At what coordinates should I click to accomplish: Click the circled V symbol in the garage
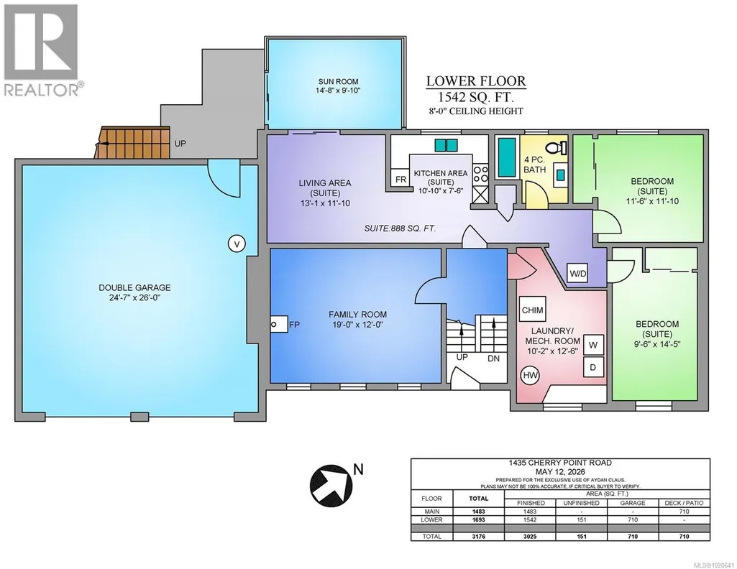coord(237,244)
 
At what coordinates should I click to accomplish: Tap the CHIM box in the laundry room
coord(533,310)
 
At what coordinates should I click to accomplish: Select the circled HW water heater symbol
coord(530,375)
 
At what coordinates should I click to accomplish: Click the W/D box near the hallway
coord(577,273)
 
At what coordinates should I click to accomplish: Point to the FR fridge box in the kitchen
coord(400,179)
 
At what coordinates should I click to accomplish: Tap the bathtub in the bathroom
coord(507,157)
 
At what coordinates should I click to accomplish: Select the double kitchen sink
coord(446,146)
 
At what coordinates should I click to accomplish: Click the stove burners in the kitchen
coord(480,174)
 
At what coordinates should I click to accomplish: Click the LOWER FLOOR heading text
coord(476,81)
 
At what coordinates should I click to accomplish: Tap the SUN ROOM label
coord(337,81)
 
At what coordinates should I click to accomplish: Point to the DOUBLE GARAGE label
coord(134,287)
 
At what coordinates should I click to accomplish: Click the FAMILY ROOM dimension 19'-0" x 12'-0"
coord(357,325)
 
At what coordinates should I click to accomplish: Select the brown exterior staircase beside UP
coord(132,142)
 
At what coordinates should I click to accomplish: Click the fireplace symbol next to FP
coord(279,324)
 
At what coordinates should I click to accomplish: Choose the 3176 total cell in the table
coord(478,536)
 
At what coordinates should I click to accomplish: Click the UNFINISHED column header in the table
coord(582,503)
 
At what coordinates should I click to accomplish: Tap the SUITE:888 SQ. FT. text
coord(400,228)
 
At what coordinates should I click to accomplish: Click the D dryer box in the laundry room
coord(593,366)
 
